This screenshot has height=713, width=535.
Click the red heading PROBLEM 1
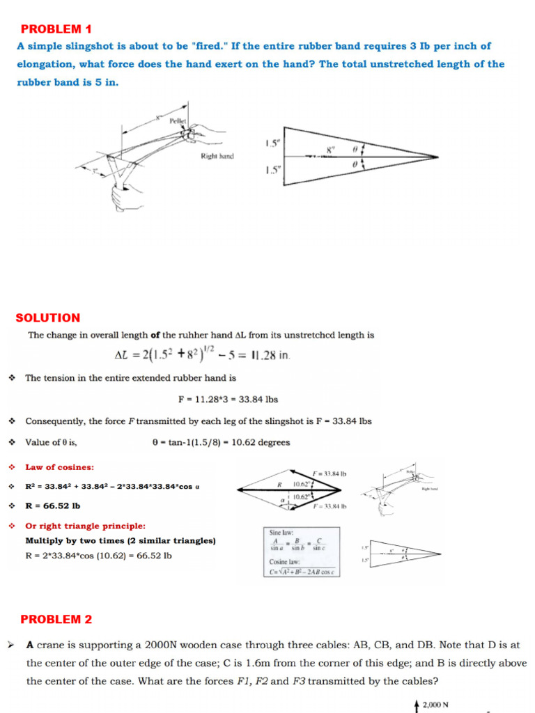coord(56,29)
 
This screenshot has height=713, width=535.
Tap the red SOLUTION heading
coord(48,318)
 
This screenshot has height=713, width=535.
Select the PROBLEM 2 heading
coord(56,619)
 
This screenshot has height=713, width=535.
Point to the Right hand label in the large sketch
coord(217,157)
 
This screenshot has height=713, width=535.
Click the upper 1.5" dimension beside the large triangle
coord(272,144)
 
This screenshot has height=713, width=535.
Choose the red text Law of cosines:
coord(60,467)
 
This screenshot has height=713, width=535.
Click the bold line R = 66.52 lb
coord(53,506)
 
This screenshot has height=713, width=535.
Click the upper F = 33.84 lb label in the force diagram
coord(329,474)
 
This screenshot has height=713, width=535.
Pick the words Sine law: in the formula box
coord(283,533)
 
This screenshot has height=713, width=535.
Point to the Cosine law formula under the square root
coord(303,572)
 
